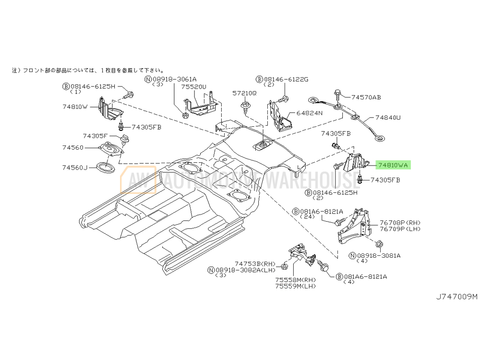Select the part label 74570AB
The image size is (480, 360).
point(366,97)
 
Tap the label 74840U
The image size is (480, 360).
point(388,117)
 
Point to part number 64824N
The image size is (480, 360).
point(310,113)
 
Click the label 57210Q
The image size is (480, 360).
point(245,93)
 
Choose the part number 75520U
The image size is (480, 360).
point(193,87)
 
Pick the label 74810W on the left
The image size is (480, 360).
point(75,107)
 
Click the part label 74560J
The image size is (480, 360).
point(75,168)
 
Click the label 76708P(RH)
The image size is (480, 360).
point(400,222)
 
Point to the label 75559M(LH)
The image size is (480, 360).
point(295,286)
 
